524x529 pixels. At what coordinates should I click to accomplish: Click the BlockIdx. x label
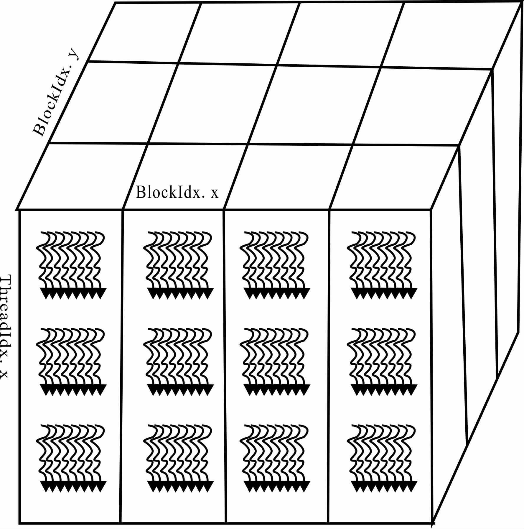click(x=177, y=192)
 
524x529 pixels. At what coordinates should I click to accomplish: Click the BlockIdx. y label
click(x=56, y=93)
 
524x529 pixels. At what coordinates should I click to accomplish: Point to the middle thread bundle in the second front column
click(x=179, y=361)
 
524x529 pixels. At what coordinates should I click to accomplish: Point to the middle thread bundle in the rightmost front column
click(x=383, y=361)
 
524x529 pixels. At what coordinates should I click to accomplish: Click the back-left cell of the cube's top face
click(x=144, y=32)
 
